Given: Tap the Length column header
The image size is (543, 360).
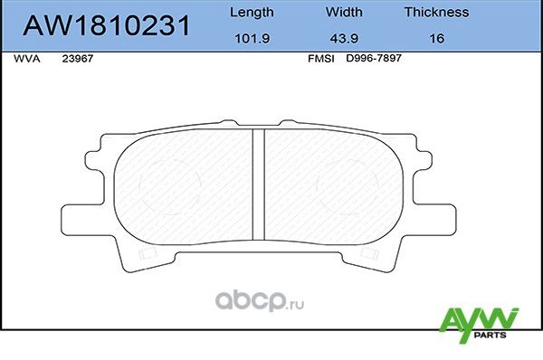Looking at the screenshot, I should tap(251, 13).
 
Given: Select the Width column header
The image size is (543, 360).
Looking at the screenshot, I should tap(344, 13).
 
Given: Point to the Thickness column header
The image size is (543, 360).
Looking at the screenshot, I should tap(436, 13).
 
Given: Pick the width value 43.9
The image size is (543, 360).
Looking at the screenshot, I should tap(344, 40).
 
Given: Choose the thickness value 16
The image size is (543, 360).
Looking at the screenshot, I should tap(436, 40).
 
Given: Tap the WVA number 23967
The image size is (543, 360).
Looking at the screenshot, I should tap(76, 58).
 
